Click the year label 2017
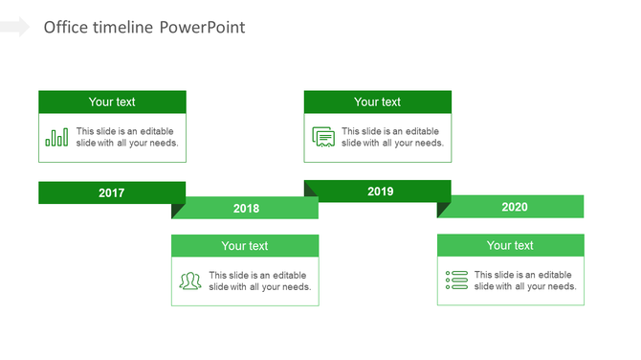112,192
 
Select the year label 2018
246,208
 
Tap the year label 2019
380,191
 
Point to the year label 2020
514,207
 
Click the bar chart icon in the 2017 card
56,137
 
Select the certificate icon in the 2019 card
323,137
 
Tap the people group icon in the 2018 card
190,281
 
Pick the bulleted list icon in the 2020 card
456,281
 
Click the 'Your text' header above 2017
112,101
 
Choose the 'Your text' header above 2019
378,101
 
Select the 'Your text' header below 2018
245,245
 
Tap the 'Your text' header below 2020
510,245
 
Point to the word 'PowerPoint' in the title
202,27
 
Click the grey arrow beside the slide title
15,27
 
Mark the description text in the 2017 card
126,137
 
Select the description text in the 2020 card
524,281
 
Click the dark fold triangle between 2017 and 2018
177,210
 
